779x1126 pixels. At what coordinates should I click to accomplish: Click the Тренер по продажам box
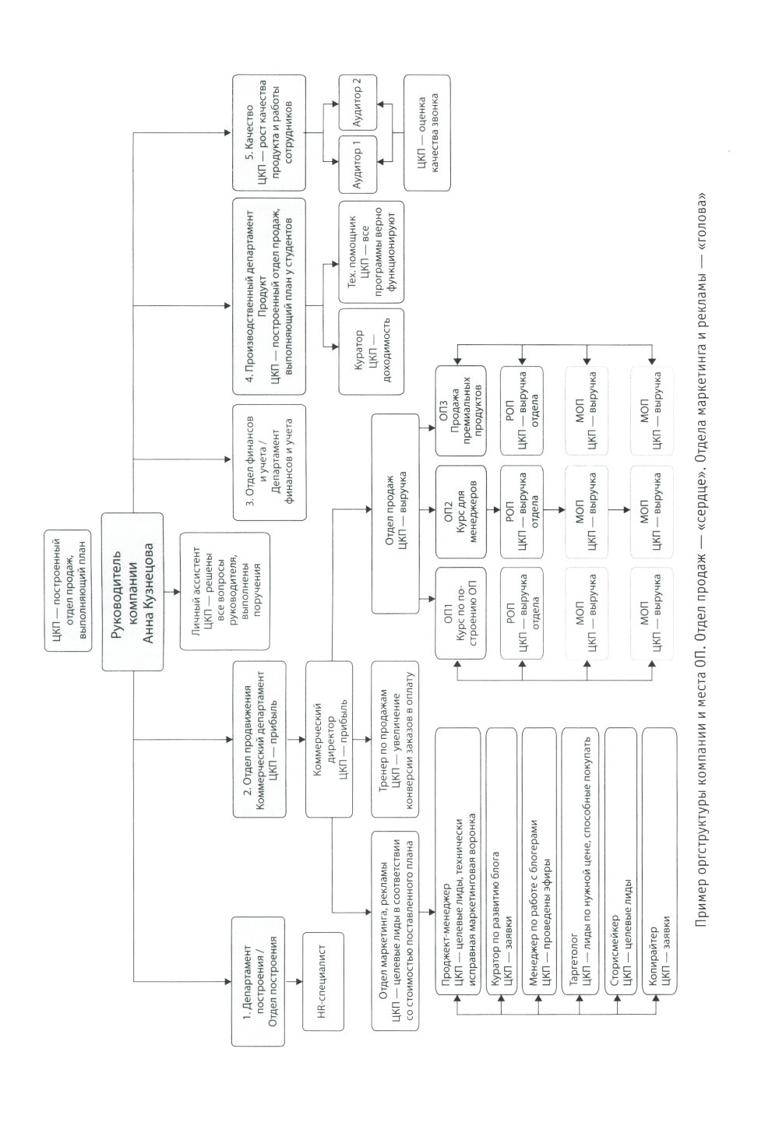pos(395,741)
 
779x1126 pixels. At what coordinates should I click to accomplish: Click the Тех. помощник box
pos(372,252)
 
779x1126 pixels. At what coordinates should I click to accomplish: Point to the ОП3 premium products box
pos(460,410)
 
